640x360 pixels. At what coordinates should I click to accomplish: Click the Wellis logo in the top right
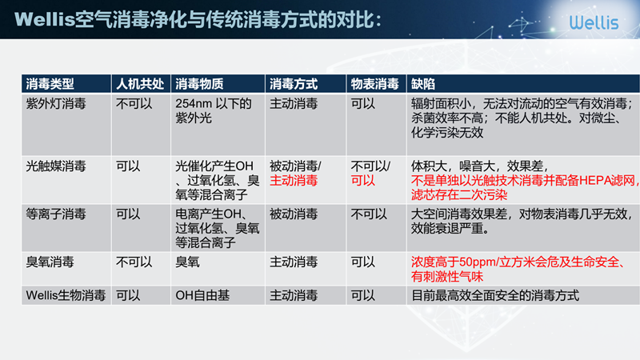coord(594,22)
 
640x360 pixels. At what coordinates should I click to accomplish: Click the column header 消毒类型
coord(50,84)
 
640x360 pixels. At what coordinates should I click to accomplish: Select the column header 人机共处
coord(140,84)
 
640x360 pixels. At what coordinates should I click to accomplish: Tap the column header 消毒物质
coord(199,84)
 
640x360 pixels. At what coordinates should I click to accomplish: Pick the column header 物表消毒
coord(374,84)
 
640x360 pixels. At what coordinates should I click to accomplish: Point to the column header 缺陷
coord(423,84)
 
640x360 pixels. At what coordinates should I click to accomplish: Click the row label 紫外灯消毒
coord(56,104)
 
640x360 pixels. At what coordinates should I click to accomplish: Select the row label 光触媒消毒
coord(56,166)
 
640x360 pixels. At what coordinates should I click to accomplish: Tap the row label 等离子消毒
coord(56,214)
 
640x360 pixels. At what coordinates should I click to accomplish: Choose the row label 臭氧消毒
coord(50,262)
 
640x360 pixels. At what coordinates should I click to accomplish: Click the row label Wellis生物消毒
coord(66,295)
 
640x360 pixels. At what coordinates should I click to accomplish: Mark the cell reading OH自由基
coord(202,295)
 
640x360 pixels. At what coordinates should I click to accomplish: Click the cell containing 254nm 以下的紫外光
coord(214,110)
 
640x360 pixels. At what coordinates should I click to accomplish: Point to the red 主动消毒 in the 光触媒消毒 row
coord(294,181)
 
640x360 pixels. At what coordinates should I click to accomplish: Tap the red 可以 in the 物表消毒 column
coord(363,181)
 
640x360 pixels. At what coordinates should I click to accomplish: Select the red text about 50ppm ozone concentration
coord(518,269)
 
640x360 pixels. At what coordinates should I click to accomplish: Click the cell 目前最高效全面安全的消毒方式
coord(494,295)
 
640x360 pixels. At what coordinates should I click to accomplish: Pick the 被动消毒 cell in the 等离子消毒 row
coord(294,214)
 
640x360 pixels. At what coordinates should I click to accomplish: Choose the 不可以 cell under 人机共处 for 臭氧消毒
coord(134,262)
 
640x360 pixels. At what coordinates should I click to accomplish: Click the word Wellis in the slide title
coord(45,19)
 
